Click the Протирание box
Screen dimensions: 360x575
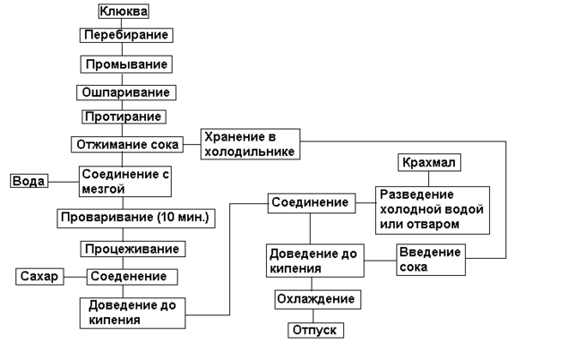coord(124,117)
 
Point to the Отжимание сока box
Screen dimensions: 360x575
coord(126,144)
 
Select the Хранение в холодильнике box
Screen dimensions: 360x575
coord(250,144)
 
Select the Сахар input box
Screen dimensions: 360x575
coord(39,277)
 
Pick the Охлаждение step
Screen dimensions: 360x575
coord(316,299)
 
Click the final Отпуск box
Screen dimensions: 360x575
coord(315,330)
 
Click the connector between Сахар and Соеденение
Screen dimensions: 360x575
coord(74,277)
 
